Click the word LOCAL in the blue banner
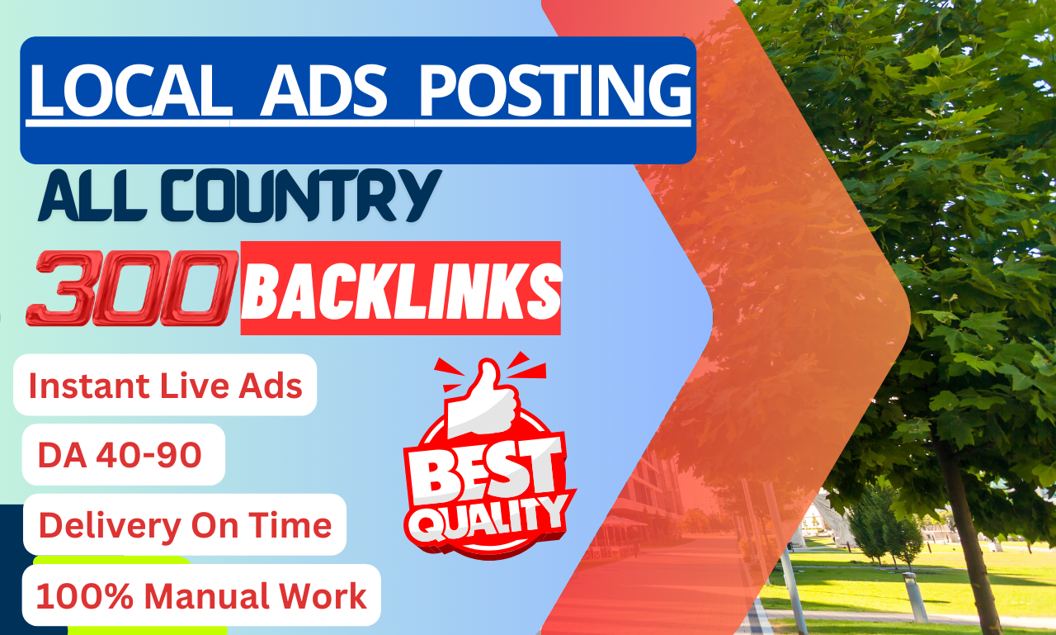(x=130, y=92)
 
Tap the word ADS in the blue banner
(x=323, y=92)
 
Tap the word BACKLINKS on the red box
(x=401, y=288)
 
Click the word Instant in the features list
(x=89, y=386)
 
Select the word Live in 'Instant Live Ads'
(x=199, y=386)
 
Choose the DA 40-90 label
(x=120, y=455)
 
